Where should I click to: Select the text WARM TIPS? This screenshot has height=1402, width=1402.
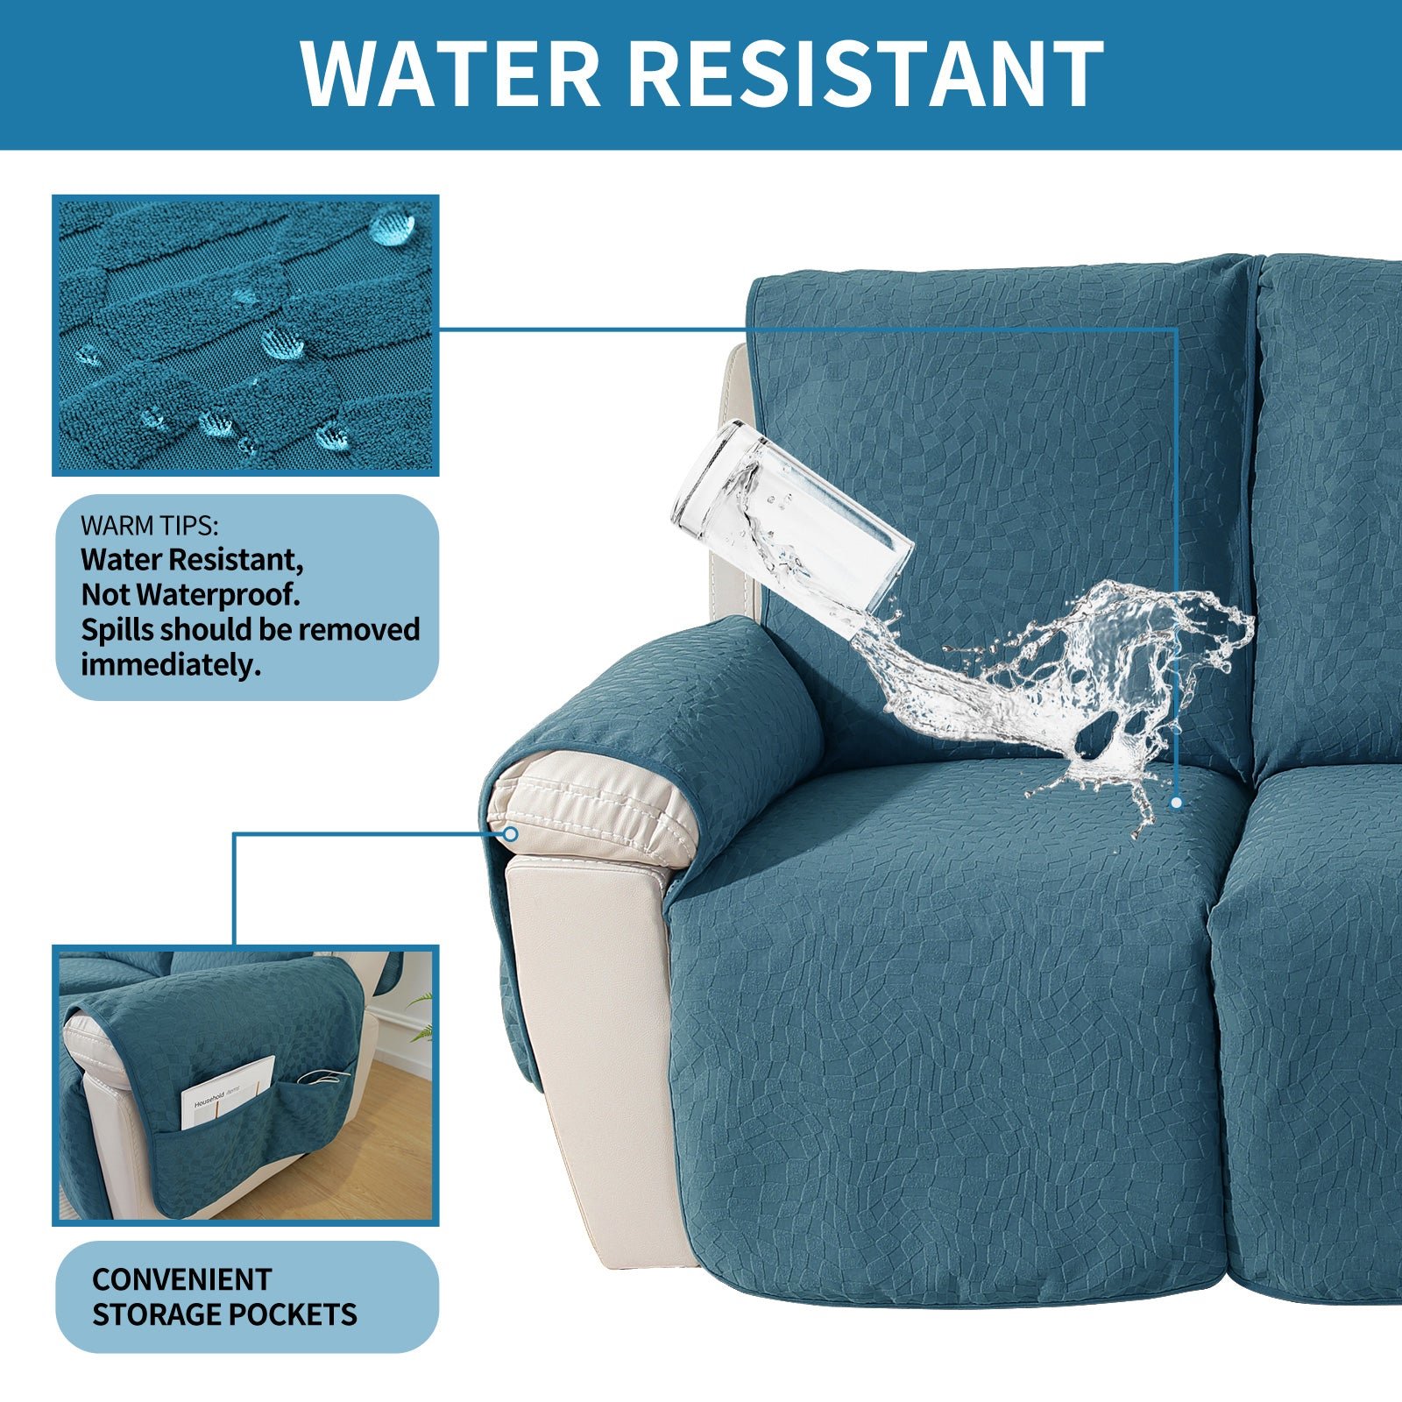click(150, 527)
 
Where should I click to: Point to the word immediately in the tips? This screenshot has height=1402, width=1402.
click(172, 665)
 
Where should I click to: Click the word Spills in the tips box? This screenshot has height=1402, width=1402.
click(117, 631)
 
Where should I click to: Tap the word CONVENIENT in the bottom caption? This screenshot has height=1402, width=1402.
click(182, 1279)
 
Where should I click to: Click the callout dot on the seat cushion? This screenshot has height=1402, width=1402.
click(1176, 802)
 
